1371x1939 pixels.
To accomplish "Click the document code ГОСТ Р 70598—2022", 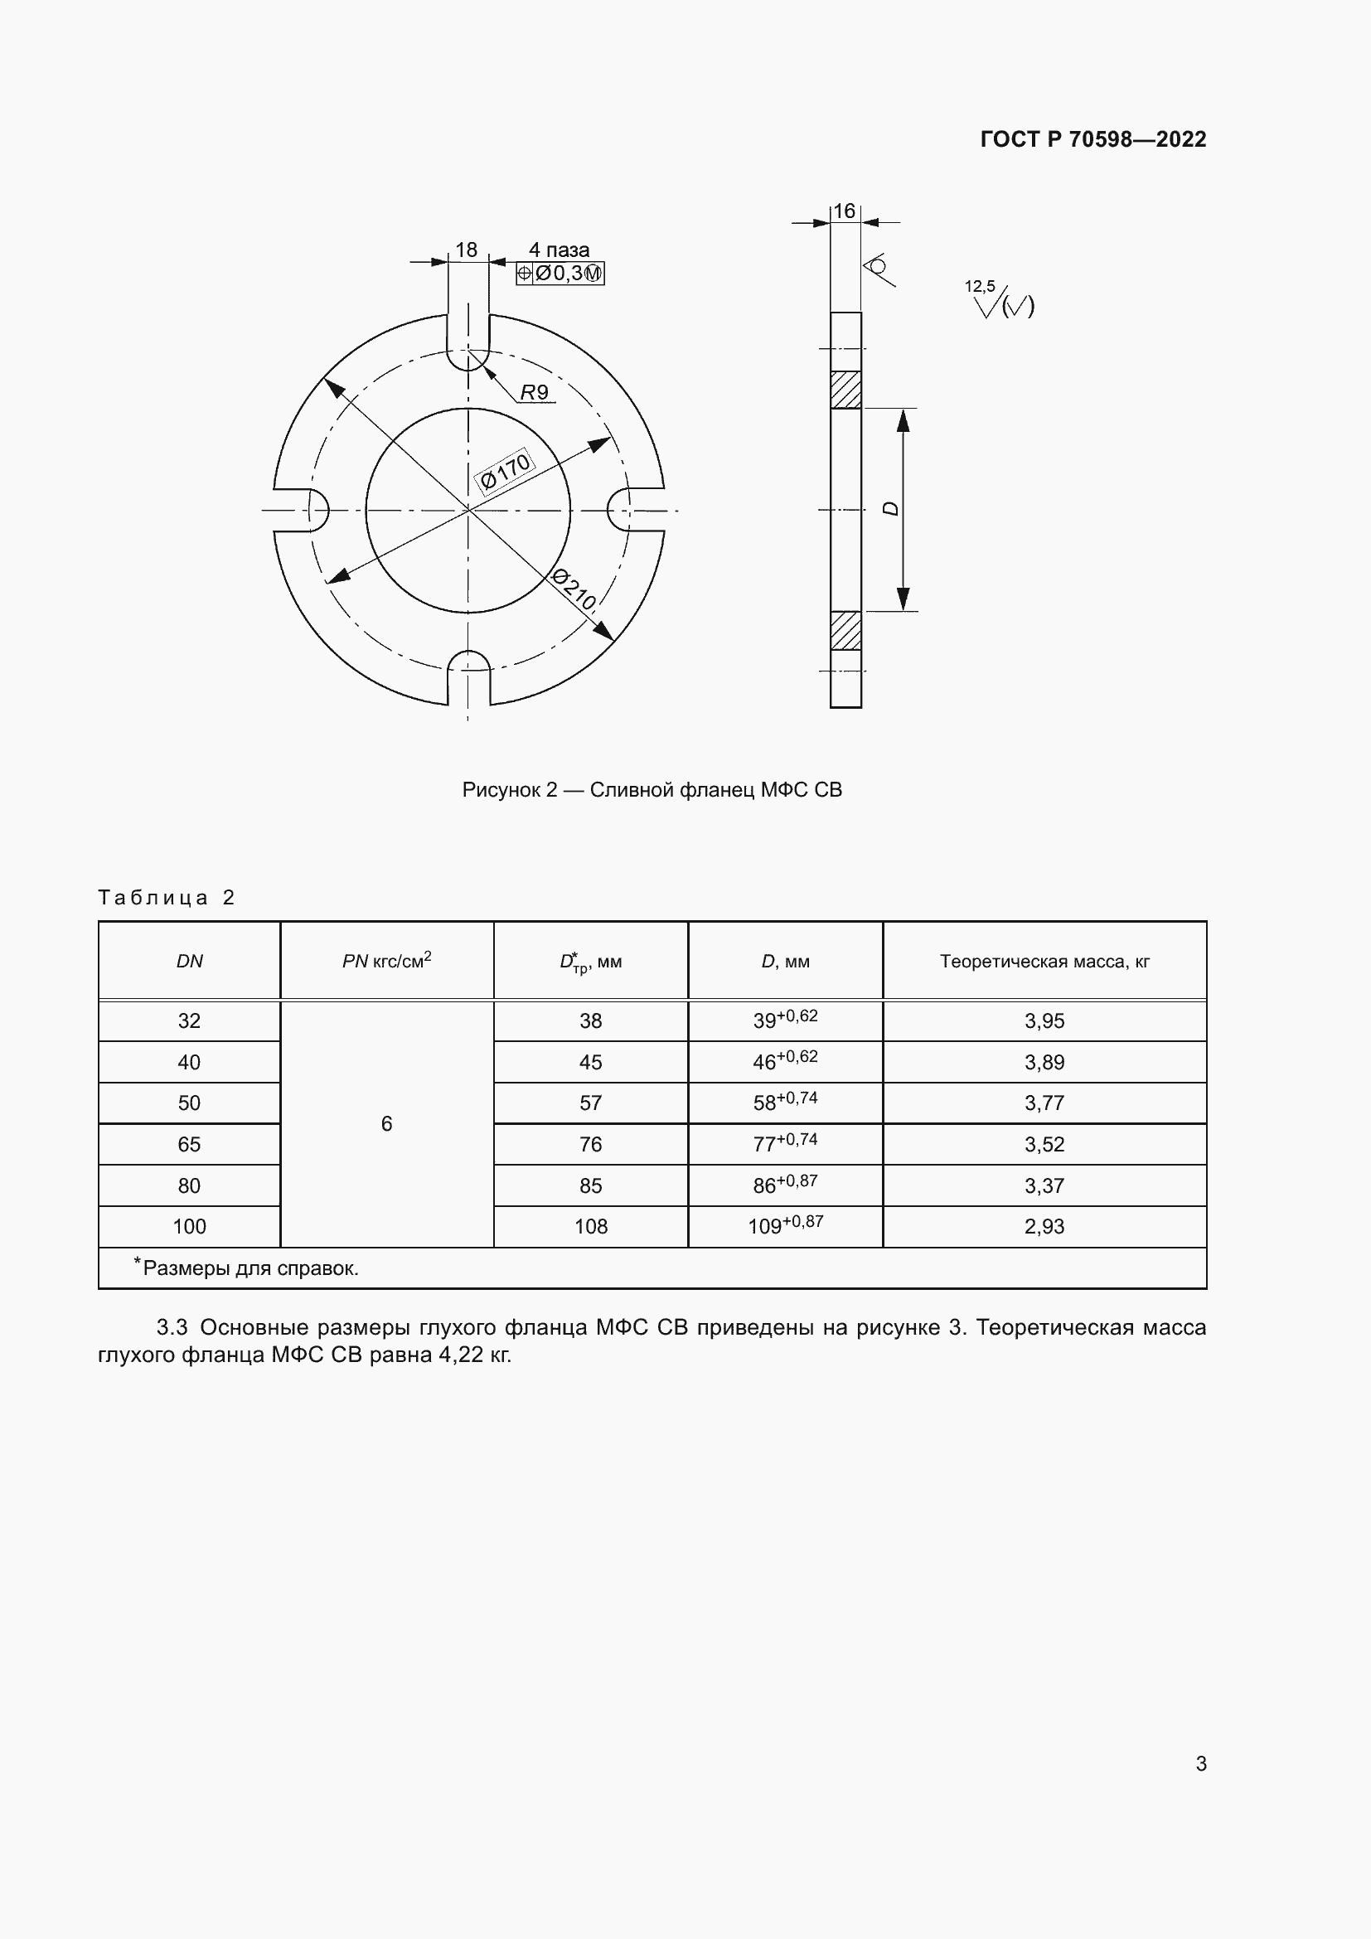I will click(x=1092, y=139).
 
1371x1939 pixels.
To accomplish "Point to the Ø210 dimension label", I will click(x=574, y=589).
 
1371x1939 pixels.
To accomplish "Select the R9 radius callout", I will click(x=535, y=393).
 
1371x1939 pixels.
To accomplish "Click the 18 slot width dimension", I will click(x=466, y=250).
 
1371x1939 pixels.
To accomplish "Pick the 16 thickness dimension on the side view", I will click(x=844, y=211).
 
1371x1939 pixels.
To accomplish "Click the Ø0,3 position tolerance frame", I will click(x=560, y=274).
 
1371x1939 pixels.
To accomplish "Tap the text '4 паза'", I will click(x=559, y=250).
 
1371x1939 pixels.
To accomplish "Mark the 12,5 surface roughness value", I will click(x=979, y=287).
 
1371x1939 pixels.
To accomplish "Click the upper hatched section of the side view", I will click(x=846, y=390).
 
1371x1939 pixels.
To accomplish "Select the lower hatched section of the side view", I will click(x=846, y=631).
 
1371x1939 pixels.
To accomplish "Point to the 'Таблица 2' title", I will click(x=167, y=897).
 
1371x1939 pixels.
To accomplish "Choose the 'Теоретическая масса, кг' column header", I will click(x=1044, y=961).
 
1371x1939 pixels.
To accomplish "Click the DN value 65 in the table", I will click(x=189, y=1144).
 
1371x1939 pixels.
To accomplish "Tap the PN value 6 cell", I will click(x=386, y=1124).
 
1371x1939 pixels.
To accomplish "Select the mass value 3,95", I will click(x=1044, y=1021).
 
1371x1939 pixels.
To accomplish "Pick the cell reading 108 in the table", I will click(x=590, y=1226).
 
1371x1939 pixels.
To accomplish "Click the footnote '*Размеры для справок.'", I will click(x=246, y=1268).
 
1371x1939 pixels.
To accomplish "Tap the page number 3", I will click(x=1200, y=1763).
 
